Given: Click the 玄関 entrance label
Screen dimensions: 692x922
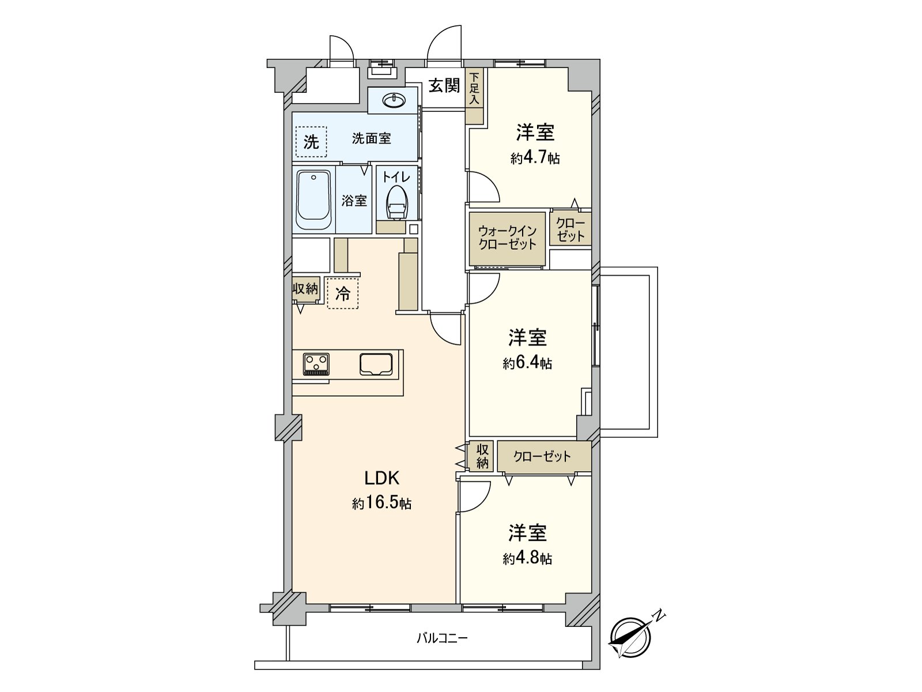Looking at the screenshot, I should tap(444, 86).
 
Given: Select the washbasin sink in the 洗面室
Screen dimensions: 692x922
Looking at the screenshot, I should tap(394, 101).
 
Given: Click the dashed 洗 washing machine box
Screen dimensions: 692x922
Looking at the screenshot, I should tap(311, 142).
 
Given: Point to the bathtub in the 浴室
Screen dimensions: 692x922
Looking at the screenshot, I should tap(314, 201).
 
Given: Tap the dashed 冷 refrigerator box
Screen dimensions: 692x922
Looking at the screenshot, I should tap(342, 294).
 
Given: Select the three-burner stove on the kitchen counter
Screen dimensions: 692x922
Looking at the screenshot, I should tap(316, 364).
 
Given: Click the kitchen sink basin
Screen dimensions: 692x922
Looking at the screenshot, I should tap(376, 364).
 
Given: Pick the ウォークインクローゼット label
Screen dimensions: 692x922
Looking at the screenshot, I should tap(507, 238).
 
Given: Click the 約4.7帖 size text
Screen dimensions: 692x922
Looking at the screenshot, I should tap(535, 158).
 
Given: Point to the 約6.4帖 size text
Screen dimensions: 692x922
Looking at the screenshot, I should tap(527, 363).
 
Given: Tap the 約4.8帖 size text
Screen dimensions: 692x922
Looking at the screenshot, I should tap(527, 558).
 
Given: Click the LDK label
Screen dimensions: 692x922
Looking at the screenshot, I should tap(381, 477).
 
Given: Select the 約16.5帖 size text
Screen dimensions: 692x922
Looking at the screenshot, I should tap(381, 503).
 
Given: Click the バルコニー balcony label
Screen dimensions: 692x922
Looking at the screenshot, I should tap(442, 638).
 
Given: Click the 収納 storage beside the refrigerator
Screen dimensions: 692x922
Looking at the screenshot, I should tap(305, 289).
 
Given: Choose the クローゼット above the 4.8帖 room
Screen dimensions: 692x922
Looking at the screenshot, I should tap(542, 457).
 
